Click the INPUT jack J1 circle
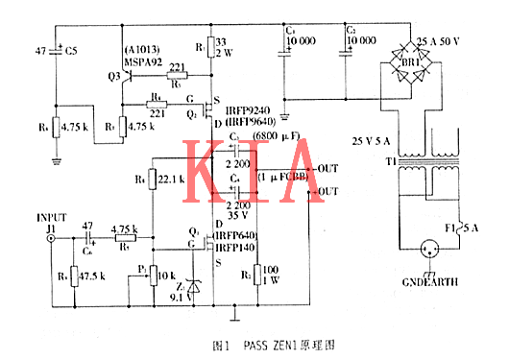(x=50, y=241)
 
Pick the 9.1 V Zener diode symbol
(x=199, y=284)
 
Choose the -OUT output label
(x=327, y=191)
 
